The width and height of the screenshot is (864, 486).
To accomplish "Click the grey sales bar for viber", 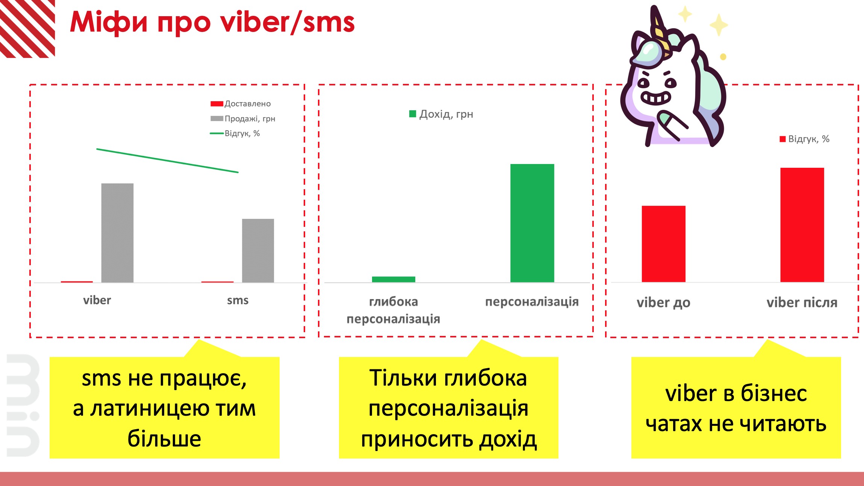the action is coord(117,233).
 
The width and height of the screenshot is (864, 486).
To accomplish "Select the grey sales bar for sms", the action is coord(258,251).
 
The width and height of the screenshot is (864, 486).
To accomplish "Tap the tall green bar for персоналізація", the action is coord(532,223).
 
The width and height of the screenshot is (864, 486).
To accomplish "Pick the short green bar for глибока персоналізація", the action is coord(393,279).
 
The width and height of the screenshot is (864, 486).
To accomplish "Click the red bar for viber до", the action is coord(664,244).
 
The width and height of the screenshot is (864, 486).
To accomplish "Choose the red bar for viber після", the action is coord(802,225).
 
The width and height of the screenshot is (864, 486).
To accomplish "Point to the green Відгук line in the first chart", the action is coord(168,161).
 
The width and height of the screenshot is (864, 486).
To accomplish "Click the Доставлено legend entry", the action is coord(241,104).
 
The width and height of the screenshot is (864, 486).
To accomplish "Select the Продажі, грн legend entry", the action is coord(243,119).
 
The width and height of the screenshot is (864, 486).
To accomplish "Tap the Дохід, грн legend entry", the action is coord(441,114).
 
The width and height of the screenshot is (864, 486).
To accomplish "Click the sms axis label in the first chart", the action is coord(238,300).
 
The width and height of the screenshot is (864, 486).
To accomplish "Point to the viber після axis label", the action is coord(802,302).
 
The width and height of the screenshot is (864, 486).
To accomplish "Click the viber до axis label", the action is coord(664,302).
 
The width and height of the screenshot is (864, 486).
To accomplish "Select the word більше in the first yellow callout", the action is coord(164,438).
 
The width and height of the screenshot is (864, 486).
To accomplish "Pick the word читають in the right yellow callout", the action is coord(783,424).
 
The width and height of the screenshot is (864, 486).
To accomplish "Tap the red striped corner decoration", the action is coord(27,29).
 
